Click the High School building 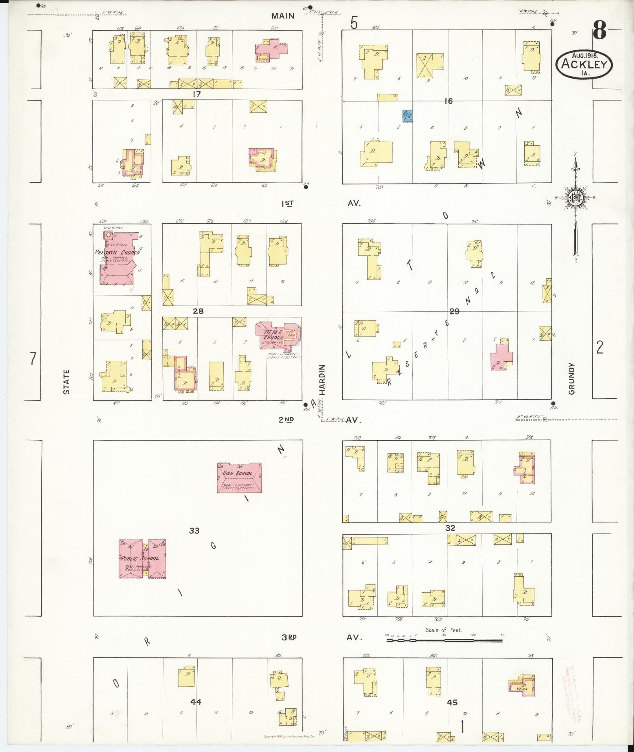[x=239, y=478]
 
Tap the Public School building [x=142, y=559]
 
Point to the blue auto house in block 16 [x=407, y=116]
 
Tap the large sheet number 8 [x=600, y=30]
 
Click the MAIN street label [x=283, y=16]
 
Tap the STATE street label [x=66, y=381]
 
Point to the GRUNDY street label [x=571, y=378]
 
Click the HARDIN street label [x=322, y=379]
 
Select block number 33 [x=194, y=531]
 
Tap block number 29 [x=454, y=311]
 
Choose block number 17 [x=197, y=94]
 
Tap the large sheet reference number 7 [x=33, y=359]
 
